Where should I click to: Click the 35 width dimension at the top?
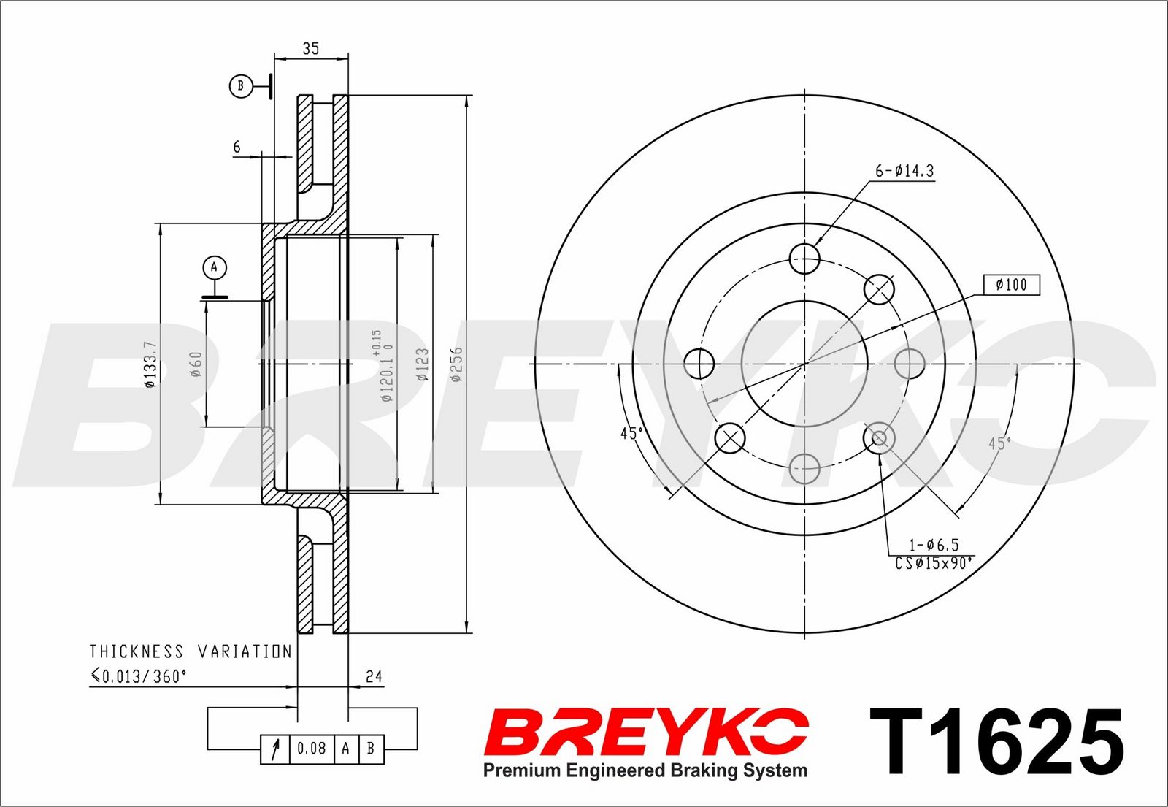coord(311,48)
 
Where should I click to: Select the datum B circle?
coord(241,86)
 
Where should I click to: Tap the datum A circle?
coord(215,267)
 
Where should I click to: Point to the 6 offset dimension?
coord(237,147)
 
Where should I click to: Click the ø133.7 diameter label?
coord(150,364)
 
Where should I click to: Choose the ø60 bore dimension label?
coord(196,364)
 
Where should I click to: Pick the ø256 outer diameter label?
coord(456,364)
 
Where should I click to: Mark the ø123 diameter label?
coord(422,364)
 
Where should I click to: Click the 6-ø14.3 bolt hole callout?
coord(904,171)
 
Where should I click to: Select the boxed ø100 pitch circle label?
coord(1012,285)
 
